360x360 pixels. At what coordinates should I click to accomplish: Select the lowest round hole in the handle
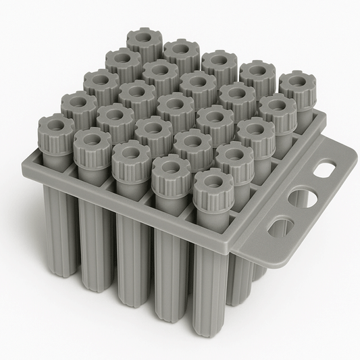pos(278,228)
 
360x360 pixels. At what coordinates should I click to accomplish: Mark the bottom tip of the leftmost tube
pos(60,270)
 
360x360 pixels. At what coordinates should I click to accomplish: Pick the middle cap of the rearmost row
pos(220,64)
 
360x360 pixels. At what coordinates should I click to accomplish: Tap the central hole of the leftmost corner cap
pos(55,124)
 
